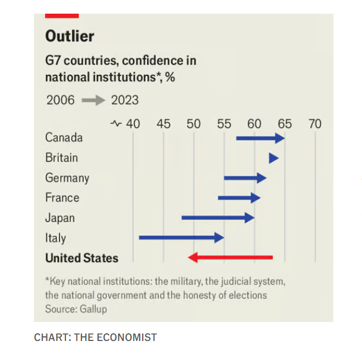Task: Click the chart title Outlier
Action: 70,36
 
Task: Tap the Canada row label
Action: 64,138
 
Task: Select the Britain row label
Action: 61,158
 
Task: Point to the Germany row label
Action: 67,178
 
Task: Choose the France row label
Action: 62,198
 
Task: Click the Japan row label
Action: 60,218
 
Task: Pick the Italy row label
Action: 55,238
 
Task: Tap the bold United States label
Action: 81,258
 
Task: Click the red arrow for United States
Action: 230,258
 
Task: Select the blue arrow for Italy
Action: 181,238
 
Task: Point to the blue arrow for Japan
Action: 218,217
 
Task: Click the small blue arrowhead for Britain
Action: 274,158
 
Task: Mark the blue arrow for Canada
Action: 260,138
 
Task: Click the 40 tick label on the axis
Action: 133,124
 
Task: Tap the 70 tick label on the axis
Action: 315,124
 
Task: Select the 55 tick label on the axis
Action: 224,124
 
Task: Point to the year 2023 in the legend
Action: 125,100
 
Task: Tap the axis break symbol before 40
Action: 117,124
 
